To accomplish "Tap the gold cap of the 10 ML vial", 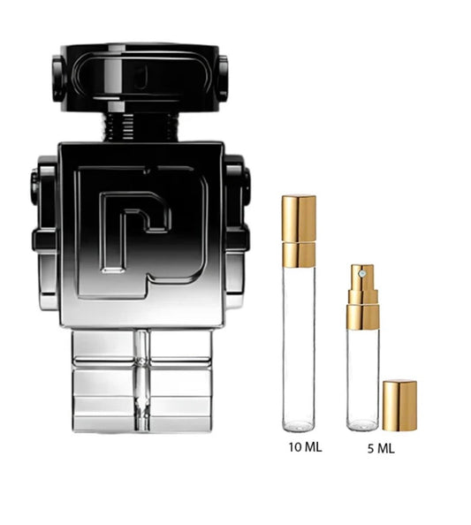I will click(299, 231).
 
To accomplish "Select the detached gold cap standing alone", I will click(400, 406).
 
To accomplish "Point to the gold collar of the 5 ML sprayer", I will click(362, 313).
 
